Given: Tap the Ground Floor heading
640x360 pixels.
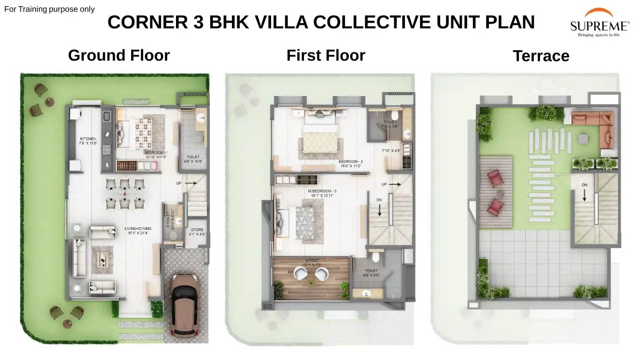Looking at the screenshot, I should tap(119, 56).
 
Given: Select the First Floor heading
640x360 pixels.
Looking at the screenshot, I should tap(325, 56).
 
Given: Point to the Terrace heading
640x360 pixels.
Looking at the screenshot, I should tap(540, 56).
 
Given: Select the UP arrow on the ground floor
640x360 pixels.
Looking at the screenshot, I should tap(190, 183).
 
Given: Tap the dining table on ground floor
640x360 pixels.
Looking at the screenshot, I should tap(125, 194).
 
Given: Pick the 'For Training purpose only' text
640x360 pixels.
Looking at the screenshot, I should tap(49, 9).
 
